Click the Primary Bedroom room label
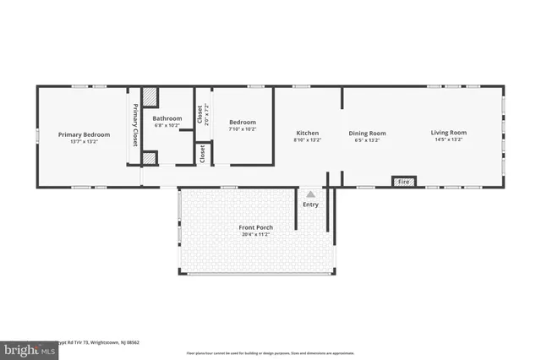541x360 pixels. click(84, 134)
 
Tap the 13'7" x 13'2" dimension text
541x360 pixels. click(84, 141)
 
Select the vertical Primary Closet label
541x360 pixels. click(134, 125)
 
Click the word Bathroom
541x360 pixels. click(167, 118)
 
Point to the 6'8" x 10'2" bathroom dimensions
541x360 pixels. click(167, 125)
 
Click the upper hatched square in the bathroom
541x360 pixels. click(150, 96)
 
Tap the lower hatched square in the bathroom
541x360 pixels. click(150, 157)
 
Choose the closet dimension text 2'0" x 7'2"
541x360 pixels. click(205, 116)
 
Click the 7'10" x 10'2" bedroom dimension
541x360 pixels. click(243, 129)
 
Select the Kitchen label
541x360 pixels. click(307, 133)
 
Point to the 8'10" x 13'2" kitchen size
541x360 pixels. click(307, 140)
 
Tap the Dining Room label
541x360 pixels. click(367, 133)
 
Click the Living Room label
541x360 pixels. click(449, 133)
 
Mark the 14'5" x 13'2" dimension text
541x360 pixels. click(449, 140)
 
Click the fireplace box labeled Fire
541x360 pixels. click(403, 182)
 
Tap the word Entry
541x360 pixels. click(311, 204)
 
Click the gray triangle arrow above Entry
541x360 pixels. click(311, 194)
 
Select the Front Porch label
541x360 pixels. click(255, 227)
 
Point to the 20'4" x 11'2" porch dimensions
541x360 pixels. click(255, 234)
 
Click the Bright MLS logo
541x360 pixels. click(26, 347)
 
